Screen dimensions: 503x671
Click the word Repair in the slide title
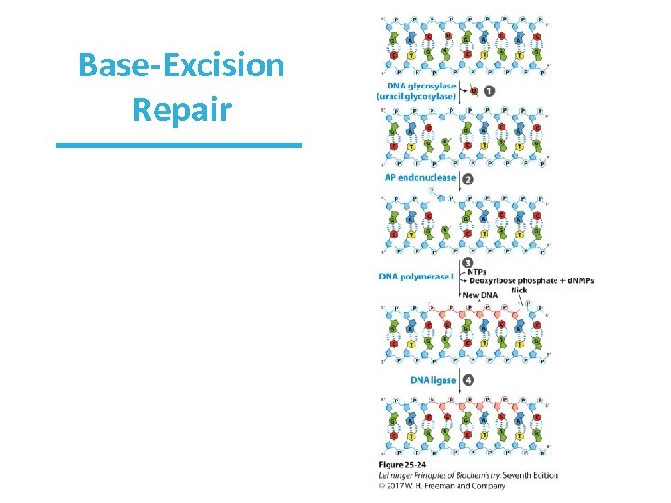[182, 109]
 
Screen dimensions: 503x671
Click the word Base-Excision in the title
[182, 67]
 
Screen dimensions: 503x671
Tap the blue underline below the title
[179, 145]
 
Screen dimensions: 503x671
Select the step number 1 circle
[489, 90]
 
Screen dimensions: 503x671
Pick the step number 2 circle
[467, 178]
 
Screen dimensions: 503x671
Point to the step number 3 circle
[467, 263]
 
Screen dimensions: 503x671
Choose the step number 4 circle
[467, 380]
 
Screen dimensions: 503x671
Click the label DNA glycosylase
[417, 86]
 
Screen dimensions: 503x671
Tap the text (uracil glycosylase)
[417, 96]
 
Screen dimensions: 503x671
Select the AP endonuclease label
[420, 178]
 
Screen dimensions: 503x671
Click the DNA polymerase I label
[416, 276]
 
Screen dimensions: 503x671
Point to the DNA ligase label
[433, 380]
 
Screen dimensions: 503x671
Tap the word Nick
[519, 290]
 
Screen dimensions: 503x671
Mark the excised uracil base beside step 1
[473, 90]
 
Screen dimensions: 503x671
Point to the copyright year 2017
[399, 484]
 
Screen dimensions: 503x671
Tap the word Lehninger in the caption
[401, 475]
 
